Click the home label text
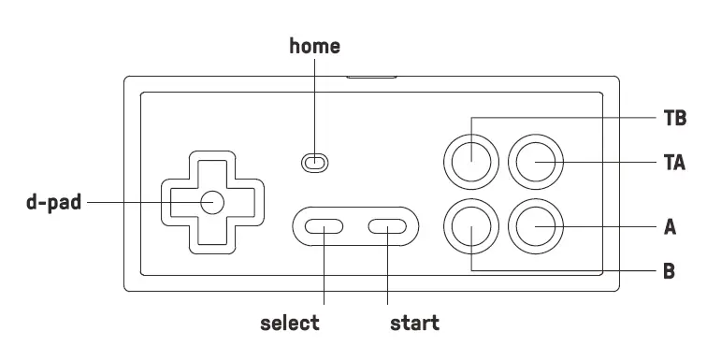point(314,45)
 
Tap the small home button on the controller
point(314,163)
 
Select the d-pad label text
point(54,202)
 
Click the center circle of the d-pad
point(210,202)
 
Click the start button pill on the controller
point(387,226)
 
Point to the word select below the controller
point(290,324)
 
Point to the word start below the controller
point(414,324)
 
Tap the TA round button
point(536,164)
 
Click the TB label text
point(674,119)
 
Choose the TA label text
point(674,164)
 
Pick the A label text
point(670,227)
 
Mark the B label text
point(670,272)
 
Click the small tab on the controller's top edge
point(370,74)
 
